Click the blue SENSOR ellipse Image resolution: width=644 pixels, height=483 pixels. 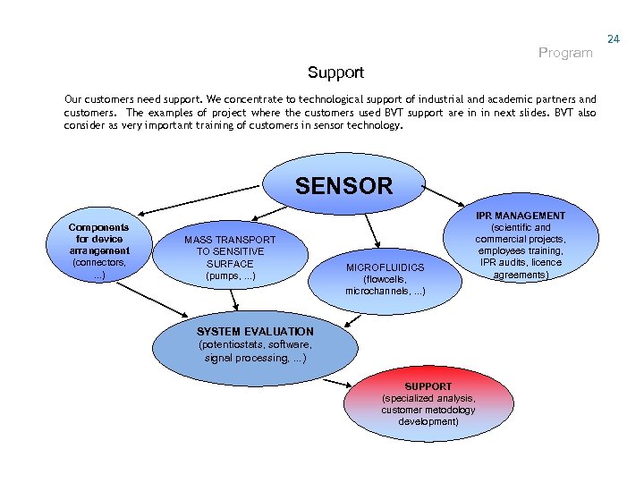(x=343, y=186)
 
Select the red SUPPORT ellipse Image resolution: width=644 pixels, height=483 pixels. (x=428, y=403)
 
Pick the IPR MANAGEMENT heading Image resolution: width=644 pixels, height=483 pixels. (x=520, y=216)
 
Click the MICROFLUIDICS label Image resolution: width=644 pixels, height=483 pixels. (x=385, y=267)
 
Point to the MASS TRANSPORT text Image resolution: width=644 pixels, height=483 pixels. (x=230, y=240)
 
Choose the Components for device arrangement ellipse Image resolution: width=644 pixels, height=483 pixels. (x=98, y=251)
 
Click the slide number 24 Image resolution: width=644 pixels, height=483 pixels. (x=613, y=39)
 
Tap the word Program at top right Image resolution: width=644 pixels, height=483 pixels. (x=565, y=53)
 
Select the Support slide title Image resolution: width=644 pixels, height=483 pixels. (x=335, y=72)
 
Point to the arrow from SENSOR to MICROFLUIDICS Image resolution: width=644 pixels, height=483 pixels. (x=372, y=227)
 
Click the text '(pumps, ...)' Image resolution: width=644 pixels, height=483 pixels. (x=230, y=276)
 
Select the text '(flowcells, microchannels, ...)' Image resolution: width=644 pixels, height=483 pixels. (x=385, y=285)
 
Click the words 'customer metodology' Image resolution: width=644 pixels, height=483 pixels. (x=428, y=410)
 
